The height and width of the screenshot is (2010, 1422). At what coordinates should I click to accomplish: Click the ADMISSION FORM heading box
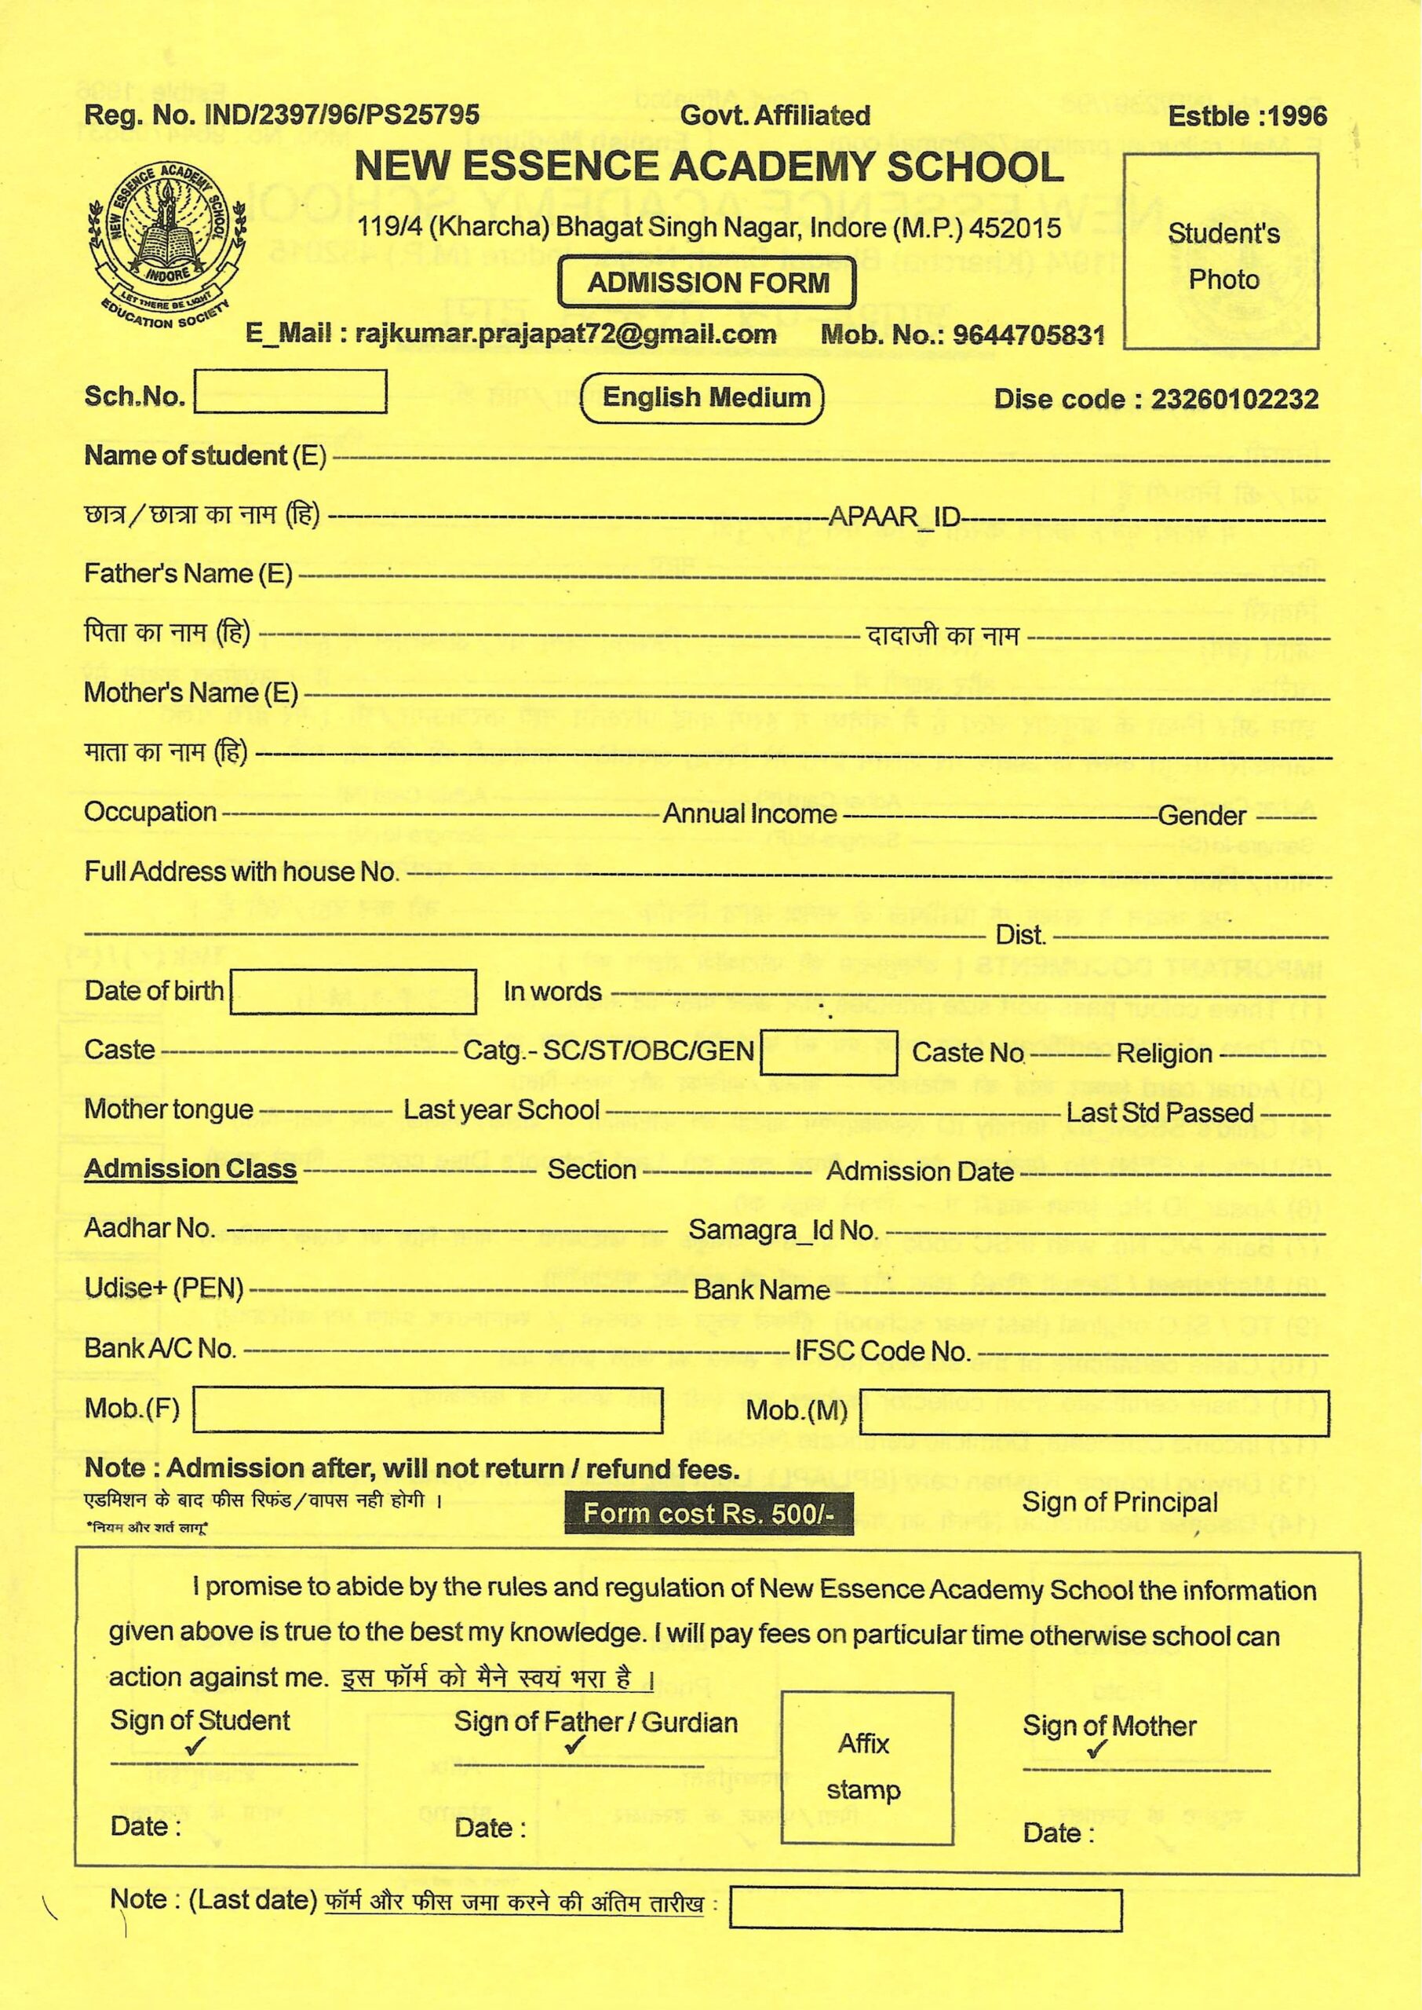708,283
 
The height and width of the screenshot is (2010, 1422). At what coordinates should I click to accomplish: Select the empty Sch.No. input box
290,392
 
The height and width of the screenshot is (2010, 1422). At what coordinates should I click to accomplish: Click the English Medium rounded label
702,399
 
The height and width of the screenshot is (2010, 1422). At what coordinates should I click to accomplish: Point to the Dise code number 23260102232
1234,400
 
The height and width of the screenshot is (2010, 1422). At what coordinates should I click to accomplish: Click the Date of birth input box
353,992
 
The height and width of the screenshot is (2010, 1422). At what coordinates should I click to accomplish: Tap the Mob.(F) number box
427,1409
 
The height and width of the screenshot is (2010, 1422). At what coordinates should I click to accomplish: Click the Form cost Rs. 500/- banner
709,1512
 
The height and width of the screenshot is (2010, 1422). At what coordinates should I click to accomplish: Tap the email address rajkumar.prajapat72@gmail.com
566,334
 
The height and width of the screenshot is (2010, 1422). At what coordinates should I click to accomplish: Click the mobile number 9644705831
1028,334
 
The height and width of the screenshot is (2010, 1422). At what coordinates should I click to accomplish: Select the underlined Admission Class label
190,1169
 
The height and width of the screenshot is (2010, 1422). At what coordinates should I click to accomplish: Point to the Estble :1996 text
1247,115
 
